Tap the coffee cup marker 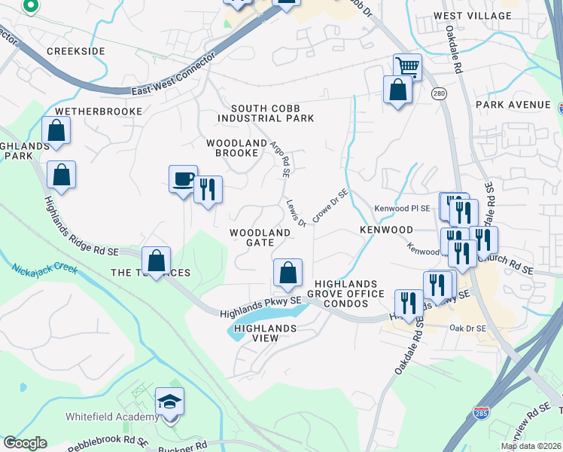click(x=183, y=180)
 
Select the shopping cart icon click(x=407, y=67)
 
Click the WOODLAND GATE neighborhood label click(x=260, y=237)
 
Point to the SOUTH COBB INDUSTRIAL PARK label click(x=266, y=114)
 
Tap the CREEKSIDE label click(x=76, y=50)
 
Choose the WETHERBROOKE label click(x=99, y=111)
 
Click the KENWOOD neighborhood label click(x=386, y=229)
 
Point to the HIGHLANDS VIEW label click(x=265, y=334)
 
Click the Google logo click(x=25, y=443)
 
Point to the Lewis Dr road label click(x=296, y=213)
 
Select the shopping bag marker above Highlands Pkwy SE click(x=288, y=273)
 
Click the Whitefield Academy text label click(x=112, y=417)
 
